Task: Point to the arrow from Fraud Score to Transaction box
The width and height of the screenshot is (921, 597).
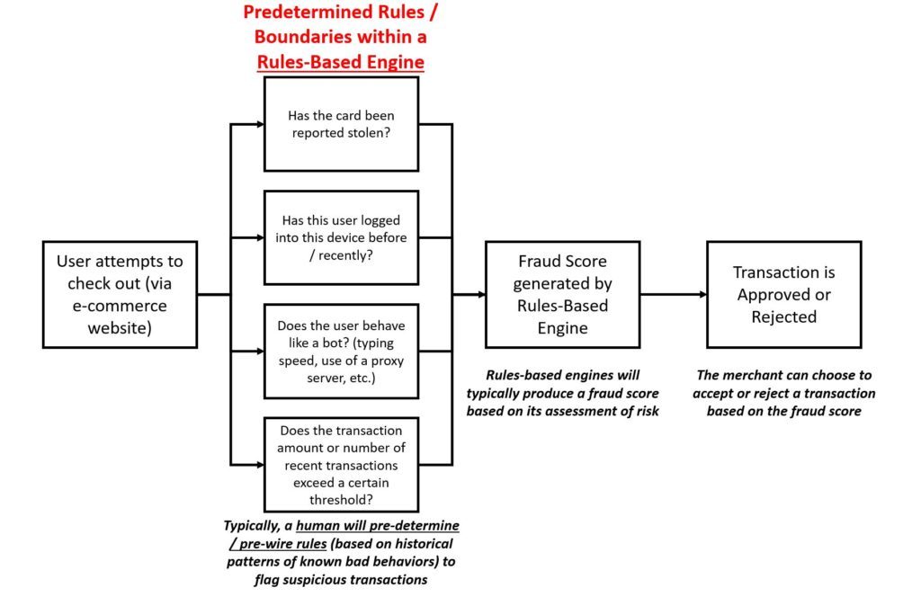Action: coord(674,294)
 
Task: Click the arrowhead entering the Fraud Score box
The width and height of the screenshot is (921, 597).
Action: coord(482,294)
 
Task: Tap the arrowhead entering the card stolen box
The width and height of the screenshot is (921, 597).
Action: coord(260,124)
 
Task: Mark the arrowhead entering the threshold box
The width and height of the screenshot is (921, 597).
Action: coord(260,464)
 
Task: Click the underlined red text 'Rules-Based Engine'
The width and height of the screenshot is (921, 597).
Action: coord(341,62)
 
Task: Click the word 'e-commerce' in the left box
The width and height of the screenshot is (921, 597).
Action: coord(120,306)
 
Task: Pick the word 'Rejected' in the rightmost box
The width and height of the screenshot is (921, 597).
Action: coord(784,316)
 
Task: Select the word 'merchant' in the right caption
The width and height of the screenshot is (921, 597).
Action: coord(755,375)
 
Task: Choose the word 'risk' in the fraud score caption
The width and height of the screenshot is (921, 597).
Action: coord(648,411)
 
